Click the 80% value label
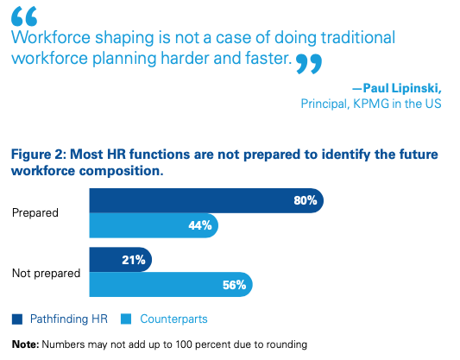306,200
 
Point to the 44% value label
200,226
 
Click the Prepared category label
35,213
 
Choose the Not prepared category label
46,272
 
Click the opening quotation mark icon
24,16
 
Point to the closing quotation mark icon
308,63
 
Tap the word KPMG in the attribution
372,104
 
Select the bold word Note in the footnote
25,344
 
